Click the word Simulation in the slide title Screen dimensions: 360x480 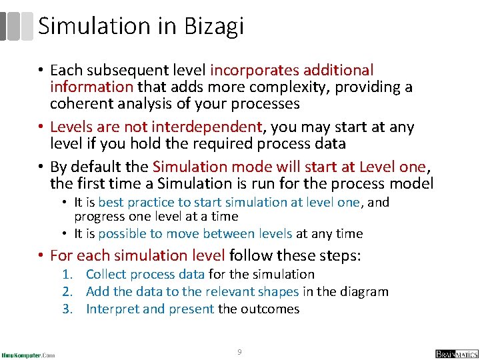[x=94, y=26]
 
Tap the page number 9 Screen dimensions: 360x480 [x=240, y=351]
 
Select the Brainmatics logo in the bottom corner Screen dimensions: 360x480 [x=457, y=354]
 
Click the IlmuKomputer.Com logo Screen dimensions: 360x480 [x=28, y=354]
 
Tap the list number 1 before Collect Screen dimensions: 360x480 [x=67, y=274]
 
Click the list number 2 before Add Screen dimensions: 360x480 [x=67, y=291]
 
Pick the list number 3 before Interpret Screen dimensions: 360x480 [x=67, y=309]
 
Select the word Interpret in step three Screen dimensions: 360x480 [x=111, y=309]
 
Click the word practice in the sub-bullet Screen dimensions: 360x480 [x=149, y=202]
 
